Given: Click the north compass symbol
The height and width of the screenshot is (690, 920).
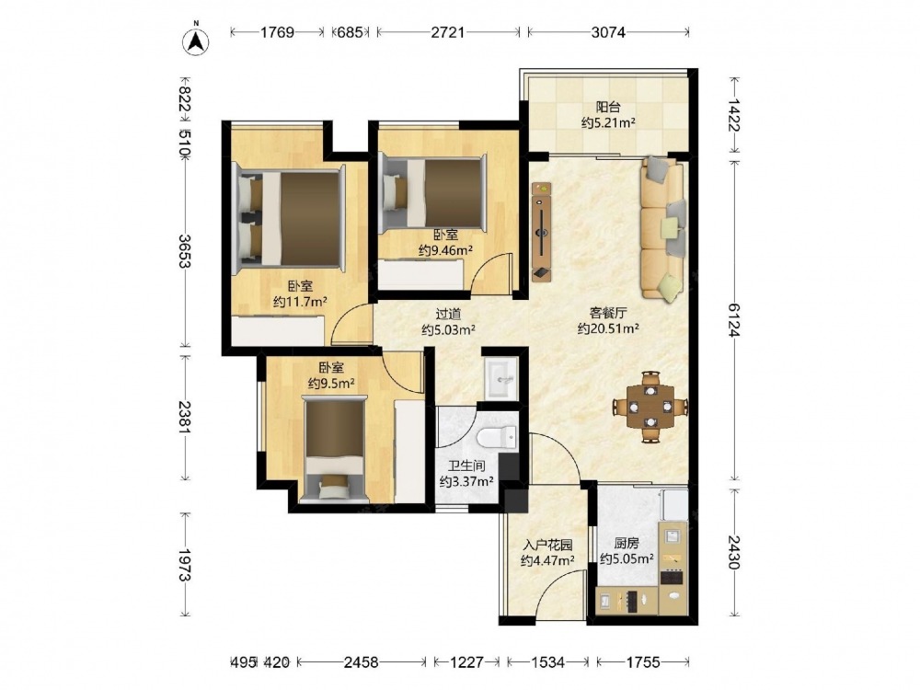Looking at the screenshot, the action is (x=197, y=40).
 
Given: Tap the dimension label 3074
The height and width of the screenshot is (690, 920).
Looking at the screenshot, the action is (x=608, y=31).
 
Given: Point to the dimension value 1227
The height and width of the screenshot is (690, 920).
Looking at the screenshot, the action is (x=466, y=662).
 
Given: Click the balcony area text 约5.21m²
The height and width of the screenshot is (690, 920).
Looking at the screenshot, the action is (x=608, y=122).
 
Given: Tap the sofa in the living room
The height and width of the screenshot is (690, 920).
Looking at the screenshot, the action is (x=662, y=229).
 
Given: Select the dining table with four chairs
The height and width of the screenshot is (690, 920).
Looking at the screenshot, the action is (x=650, y=406).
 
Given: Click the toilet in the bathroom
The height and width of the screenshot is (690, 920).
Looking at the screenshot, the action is (x=497, y=437).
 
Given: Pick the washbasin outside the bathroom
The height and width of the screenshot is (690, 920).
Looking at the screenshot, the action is (x=500, y=378).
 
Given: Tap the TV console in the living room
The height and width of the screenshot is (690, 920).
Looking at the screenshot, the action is (x=541, y=231).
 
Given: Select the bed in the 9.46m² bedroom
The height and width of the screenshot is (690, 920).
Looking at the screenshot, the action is (x=433, y=193).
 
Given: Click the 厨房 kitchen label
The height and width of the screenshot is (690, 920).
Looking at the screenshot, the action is (x=627, y=544).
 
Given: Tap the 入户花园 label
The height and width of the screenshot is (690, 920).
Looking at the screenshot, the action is (x=547, y=545).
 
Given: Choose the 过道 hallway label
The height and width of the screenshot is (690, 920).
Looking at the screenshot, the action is (x=448, y=314).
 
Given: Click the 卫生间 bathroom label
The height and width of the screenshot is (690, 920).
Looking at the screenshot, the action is (x=466, y=466).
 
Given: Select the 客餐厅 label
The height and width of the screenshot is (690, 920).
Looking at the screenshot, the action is (x=608, y=313).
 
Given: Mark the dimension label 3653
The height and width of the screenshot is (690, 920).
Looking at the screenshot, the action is (x=184, y=251).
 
